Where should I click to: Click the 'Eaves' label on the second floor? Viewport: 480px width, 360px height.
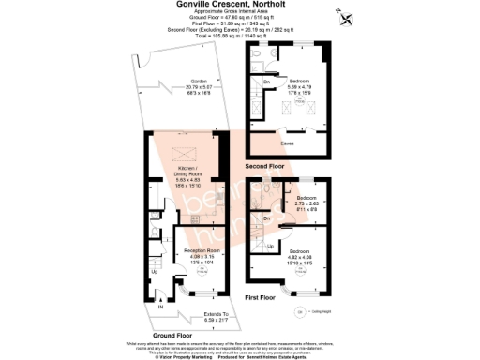click(x=289, y=143)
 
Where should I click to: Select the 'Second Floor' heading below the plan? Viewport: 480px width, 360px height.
click(x=265, y=166)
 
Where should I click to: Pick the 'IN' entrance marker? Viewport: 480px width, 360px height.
click(x=159, y=306)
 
